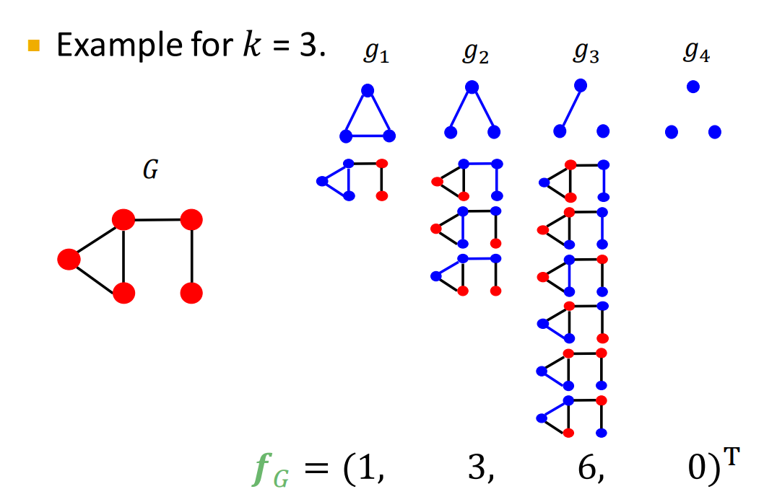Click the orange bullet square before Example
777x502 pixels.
point(34,45)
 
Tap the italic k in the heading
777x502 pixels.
point(252,44)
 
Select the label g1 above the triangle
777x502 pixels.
point(377,53)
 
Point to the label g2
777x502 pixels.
point(476,53)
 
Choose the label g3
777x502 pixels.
point(586,53)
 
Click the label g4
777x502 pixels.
point(697,51)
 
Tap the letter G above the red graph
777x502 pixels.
point(151,169)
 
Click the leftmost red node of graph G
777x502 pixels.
point(69,260)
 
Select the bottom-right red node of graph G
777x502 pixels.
point(191,293)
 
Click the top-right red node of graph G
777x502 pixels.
point(191,219)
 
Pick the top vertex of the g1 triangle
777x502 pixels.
point(368,91)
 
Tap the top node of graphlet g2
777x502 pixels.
point(472,87)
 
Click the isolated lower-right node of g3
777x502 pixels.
point(603,131)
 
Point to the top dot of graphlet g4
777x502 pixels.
point(693,87)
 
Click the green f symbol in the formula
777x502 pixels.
point(263,469)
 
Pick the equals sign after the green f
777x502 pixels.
point(316,467)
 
